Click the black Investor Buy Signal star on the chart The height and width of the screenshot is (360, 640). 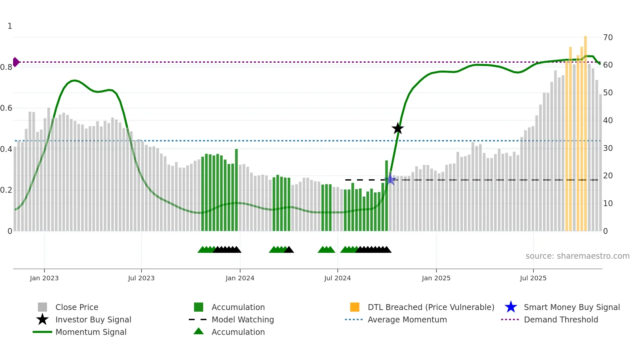pos(398,128)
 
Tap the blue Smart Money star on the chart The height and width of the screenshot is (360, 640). pos(390,179)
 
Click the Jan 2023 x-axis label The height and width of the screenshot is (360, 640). pos(44,278)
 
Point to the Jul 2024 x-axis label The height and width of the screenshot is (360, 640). pos(337,278)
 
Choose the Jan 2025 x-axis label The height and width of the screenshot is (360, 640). pos(436,278)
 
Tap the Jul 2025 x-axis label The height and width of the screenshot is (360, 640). pos(533,278)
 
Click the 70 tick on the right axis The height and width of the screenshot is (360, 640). pos(608,38)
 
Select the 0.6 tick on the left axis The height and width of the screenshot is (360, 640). pos(6,108)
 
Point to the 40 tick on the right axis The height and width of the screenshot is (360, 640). pos(608,121)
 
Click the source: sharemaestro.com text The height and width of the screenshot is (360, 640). pos(577,256)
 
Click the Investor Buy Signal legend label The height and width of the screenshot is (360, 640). pos(93,319)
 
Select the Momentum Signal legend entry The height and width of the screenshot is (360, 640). pos(91,332)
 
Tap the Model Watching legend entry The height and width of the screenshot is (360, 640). pos(243,319)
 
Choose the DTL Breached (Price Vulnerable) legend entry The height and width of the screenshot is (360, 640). pos(431,307)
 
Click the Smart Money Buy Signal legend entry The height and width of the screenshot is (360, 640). pos(572,307)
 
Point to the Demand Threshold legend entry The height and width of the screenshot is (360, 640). pos(561,319)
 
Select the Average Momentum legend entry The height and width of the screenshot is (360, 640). pos(407,319)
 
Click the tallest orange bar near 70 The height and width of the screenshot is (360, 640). pos(585,131)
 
